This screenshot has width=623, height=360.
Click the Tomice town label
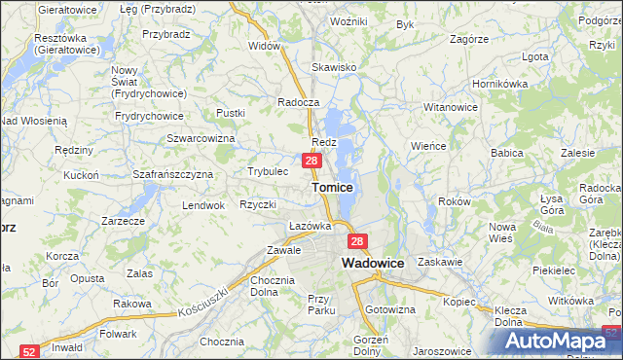click(x=332, y=186)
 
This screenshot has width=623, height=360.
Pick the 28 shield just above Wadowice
click(x=357, y=241)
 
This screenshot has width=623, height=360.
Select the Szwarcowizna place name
click(x=202, y=138)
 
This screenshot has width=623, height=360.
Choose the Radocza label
click(x=298, y=102)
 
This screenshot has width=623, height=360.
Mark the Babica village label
click(x=507, y=153)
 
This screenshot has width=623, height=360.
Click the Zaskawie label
click(x=438, y=262)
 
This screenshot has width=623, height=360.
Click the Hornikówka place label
click(x=498, y=84)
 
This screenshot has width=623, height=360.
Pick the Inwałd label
click(x=66, y=346)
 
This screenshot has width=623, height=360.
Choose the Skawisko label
click(x=333, y=68)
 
